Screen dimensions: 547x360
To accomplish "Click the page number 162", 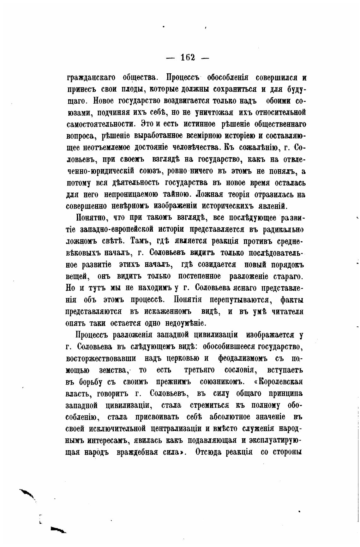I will tap(188, 58).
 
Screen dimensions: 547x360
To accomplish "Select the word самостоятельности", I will tap(101, 124).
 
